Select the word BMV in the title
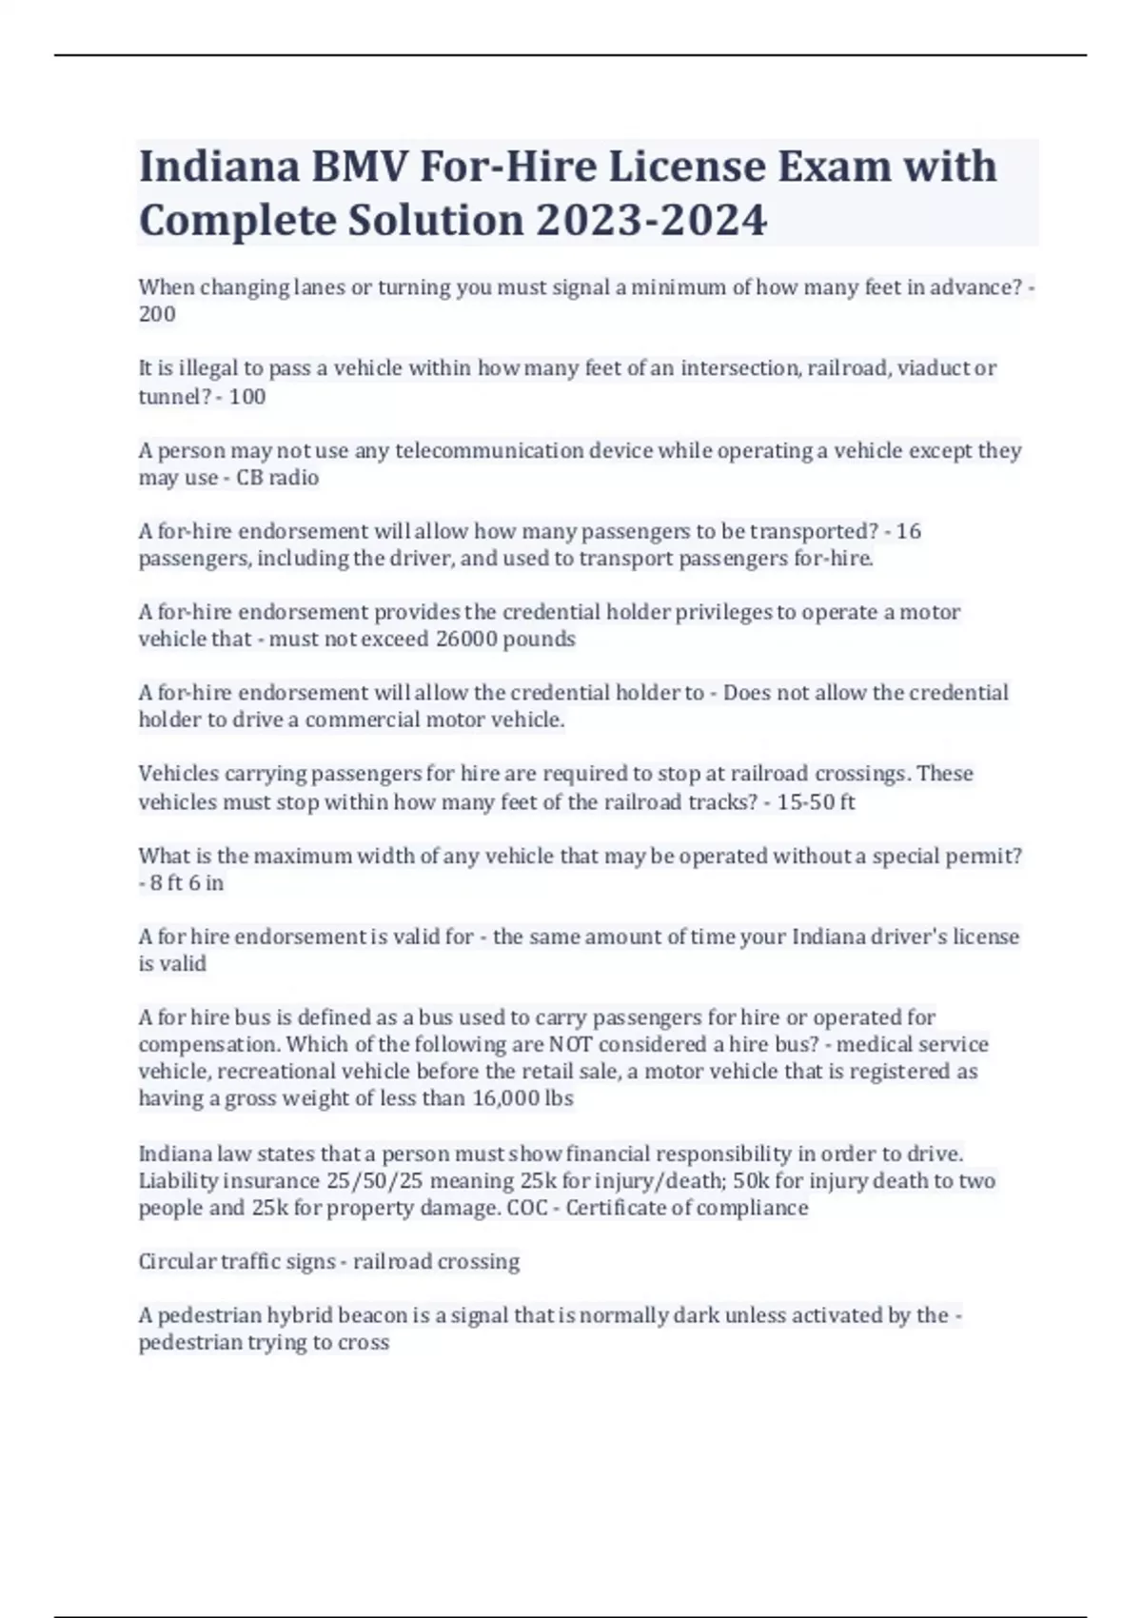(x=360, y=167)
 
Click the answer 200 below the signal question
(x=157, y=314)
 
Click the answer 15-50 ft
(x=816, y=802)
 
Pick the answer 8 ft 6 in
(x=187, y=883)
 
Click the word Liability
(x=178, y=1181)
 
